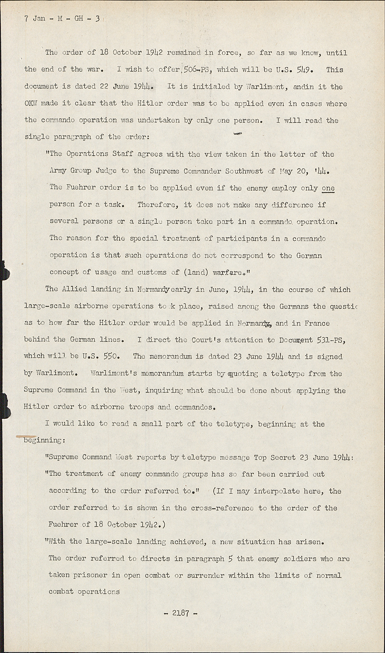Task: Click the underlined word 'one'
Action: (328, 188)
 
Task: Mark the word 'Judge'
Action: (104, 171)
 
